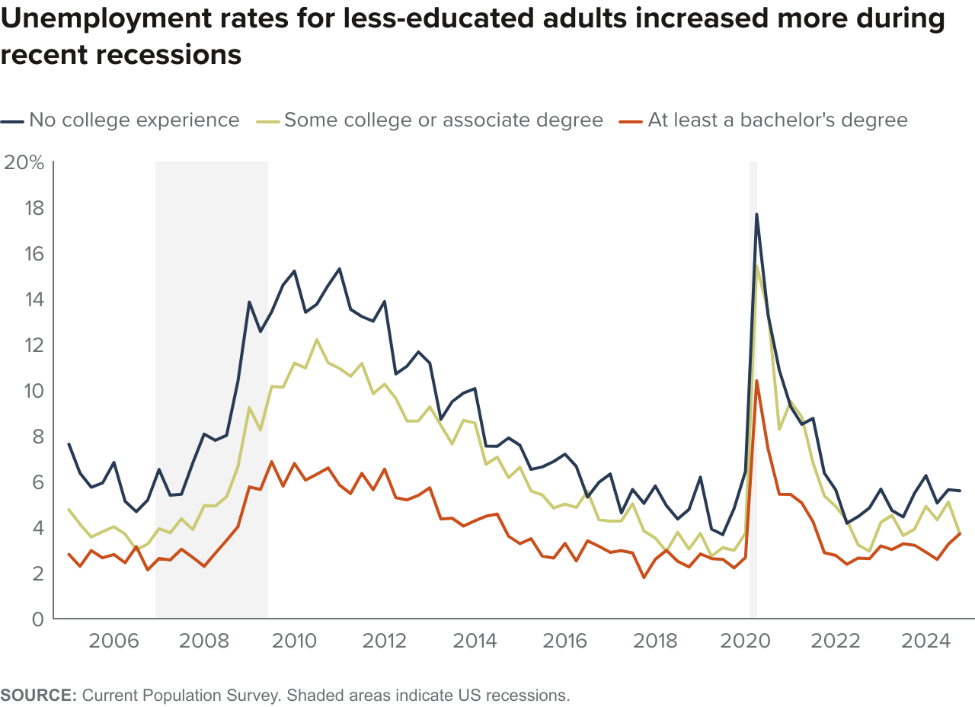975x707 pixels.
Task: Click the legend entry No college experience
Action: click(133, 120)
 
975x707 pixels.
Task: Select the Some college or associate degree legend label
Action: click(443, 120)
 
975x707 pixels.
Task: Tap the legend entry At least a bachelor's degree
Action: click(777, 120)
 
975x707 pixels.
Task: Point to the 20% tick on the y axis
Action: click(24, 162)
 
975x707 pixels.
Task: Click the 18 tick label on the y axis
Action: click(34, 208)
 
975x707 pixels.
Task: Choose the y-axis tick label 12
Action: click(34, 345)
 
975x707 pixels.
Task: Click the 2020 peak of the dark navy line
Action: click(756, 214)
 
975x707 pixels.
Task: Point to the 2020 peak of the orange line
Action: click(756, 380)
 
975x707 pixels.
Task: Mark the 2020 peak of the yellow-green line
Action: click(757, 267)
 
